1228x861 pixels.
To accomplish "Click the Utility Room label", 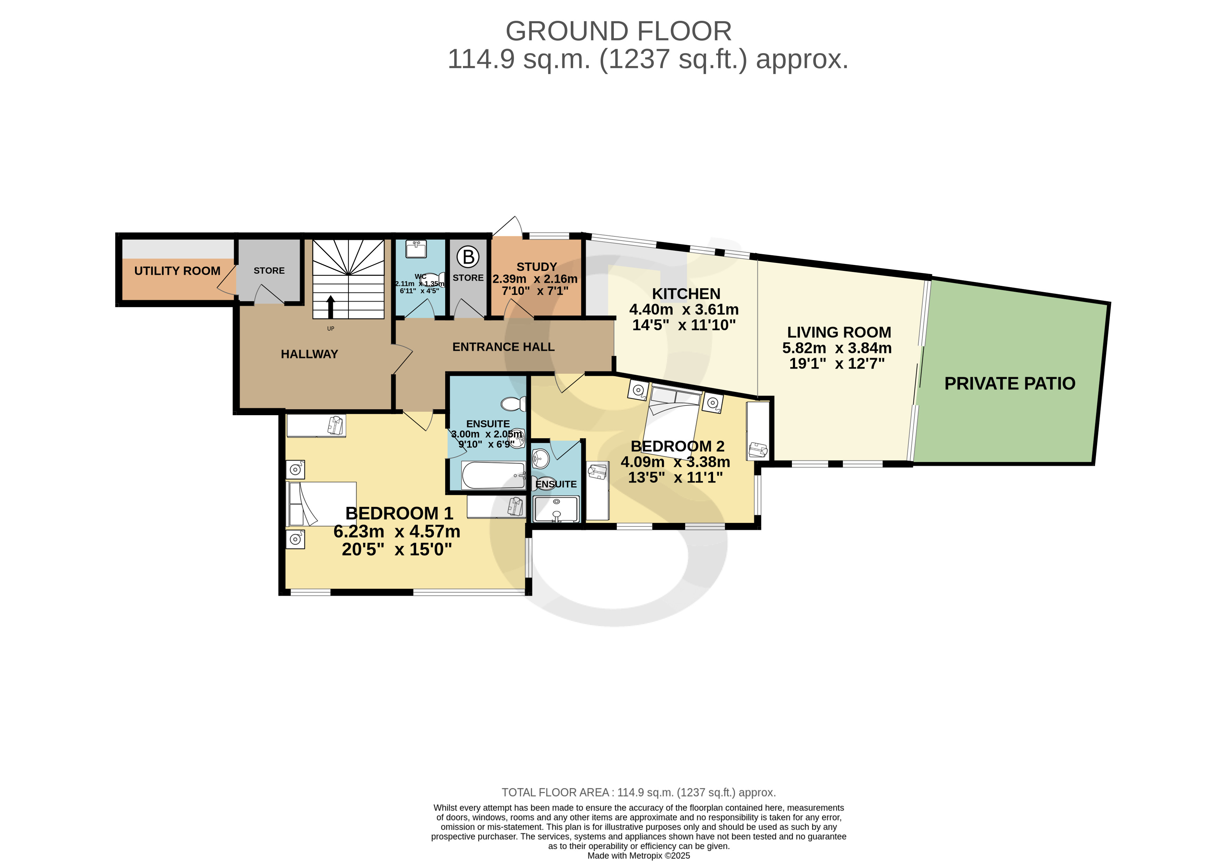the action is tap(177, 271).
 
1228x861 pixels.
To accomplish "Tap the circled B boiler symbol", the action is tap(468, 257).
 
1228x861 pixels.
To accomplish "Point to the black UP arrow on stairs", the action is tap(330, 307).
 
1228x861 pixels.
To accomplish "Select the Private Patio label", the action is tap(1010, 384).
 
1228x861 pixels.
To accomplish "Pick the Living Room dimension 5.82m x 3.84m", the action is tap(837, 348).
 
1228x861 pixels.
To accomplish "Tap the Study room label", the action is tap(537, 267).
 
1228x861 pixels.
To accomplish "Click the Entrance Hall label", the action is tap(503, 347).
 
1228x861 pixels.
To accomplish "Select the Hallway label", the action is tap(309, 354).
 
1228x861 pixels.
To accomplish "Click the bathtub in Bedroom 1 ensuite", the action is tap(493, 475).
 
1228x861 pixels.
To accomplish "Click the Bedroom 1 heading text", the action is tap(399, 513).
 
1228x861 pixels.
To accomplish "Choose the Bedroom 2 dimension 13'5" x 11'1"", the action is tap(675, 477).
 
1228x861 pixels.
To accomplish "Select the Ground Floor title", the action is tap(618, 31).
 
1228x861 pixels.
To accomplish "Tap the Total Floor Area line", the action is tap(639, 792).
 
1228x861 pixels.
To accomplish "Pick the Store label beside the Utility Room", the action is tap(269, 271).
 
